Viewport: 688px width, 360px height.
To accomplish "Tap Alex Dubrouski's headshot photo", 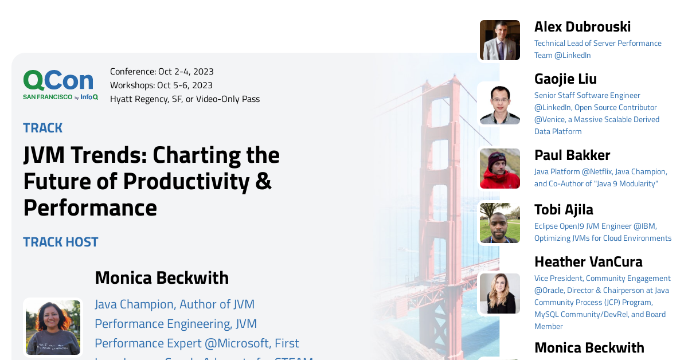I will (500, 40).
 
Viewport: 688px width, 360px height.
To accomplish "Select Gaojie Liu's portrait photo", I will (500, 104).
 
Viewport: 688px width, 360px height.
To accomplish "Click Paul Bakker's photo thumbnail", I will (500, 169).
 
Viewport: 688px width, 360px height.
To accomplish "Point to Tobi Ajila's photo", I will (500, 223).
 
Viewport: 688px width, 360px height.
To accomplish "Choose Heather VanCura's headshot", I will (500, 294).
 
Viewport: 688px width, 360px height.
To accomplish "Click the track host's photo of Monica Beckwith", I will (53, 327).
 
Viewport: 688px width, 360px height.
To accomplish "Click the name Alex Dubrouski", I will (583, 27).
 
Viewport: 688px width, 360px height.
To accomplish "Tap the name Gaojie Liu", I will (565, 79).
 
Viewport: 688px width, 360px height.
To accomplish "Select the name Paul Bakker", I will (572, 155).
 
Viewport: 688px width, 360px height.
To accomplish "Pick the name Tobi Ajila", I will (564, 210).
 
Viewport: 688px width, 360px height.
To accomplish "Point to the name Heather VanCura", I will (588, 262).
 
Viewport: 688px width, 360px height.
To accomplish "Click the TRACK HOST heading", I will (61, 242).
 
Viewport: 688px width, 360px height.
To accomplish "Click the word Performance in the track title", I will (90, 208).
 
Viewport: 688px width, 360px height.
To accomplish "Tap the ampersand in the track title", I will (263, 181).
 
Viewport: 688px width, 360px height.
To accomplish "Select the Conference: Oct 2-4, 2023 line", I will (162, 72).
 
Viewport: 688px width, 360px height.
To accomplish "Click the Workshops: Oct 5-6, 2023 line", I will (161, 85).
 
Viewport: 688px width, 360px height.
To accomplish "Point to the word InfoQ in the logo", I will (89, 97).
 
